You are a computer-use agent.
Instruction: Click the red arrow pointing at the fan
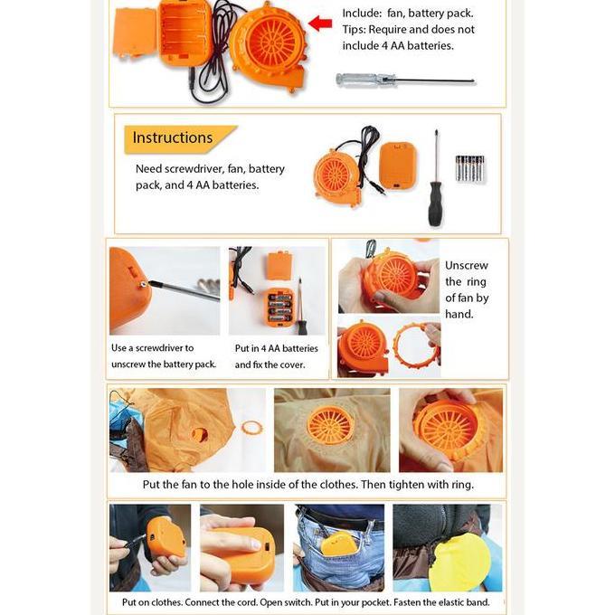(x=320, y=23)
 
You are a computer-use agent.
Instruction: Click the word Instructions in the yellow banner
(x=173, y=137)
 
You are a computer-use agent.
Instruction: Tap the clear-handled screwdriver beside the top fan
(x=405, y=80)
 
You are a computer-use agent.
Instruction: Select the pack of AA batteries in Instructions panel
(x=469, y=168)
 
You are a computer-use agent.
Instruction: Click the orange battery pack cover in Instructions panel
(x=397, y=166)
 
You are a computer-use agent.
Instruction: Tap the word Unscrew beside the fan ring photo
(x=467, y=266)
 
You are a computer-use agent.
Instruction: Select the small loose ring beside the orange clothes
(x=251, y=428)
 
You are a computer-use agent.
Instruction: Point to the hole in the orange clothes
(x=200, y=435)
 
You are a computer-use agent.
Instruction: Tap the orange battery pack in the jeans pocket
(x=339, y=546)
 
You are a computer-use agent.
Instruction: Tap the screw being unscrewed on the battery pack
(x=144, y=283)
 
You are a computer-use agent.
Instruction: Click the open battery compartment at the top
(x=185, y=33)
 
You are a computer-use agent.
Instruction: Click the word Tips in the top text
(x=354, y=30)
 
